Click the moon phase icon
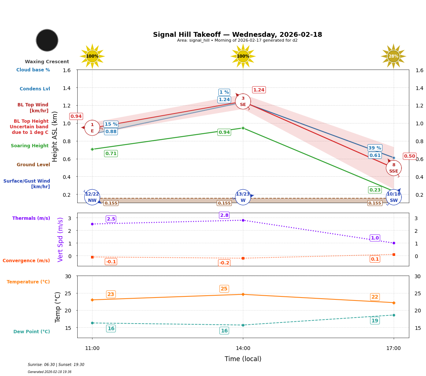(x=47, y=40)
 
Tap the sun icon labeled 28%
(x=393, y=56)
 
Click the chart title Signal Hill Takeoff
(x=237, y=35)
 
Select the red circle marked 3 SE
(x=243, y=102)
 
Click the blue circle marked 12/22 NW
(x=92, y=197)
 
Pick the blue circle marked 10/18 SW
(x=394, y=197)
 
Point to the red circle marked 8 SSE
(x=394, y=168)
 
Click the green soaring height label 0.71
(x=111, y=154)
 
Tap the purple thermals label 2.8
(x=224, y=215)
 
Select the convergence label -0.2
(x=224, y=263)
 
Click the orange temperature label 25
(x=224, y=289)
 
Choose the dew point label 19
(x=375, y=321)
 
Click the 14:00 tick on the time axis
(x=243, y=348)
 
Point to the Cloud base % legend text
(x=33, y=70)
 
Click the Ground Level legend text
(x=33, y=165)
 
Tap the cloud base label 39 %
(x=375, y=148)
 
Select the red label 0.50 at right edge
(x=409, y=156)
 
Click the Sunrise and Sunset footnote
(x=56, y=365)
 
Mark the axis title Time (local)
(x=243, y=359)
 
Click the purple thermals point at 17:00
(x=394, y=243)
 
